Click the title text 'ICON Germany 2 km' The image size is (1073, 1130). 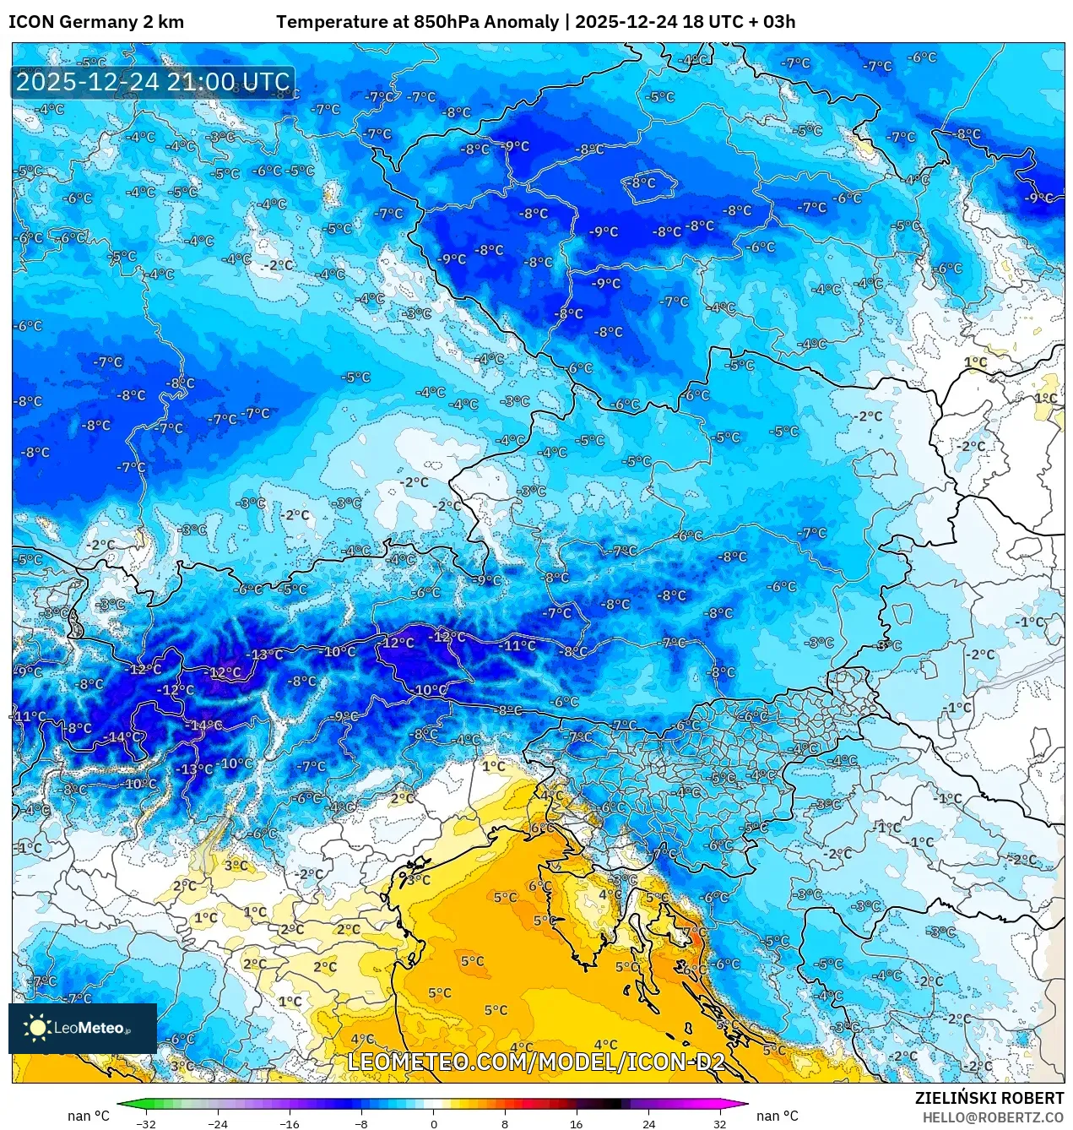(96, 22)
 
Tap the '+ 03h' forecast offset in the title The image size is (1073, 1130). (767, 22)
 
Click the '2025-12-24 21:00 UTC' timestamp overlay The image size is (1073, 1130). (153, 82)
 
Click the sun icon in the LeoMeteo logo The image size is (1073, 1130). (37, 1028)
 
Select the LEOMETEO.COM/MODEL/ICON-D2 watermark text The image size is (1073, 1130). (536, 1062)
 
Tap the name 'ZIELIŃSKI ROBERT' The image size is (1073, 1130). (989, 1098)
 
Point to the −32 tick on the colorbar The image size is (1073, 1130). (146, 1123)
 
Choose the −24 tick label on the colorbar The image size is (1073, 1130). (218, 1123)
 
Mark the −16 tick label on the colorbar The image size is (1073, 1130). (290, 1123)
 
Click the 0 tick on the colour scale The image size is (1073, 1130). (434, 1123)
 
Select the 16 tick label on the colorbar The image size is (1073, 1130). (576, 1123)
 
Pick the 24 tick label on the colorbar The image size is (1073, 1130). (648, 1123)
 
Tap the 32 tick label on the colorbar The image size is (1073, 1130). (719, 1123)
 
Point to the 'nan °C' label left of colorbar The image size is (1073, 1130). (89, 1116)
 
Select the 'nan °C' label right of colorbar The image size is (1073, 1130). (777, 1116)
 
